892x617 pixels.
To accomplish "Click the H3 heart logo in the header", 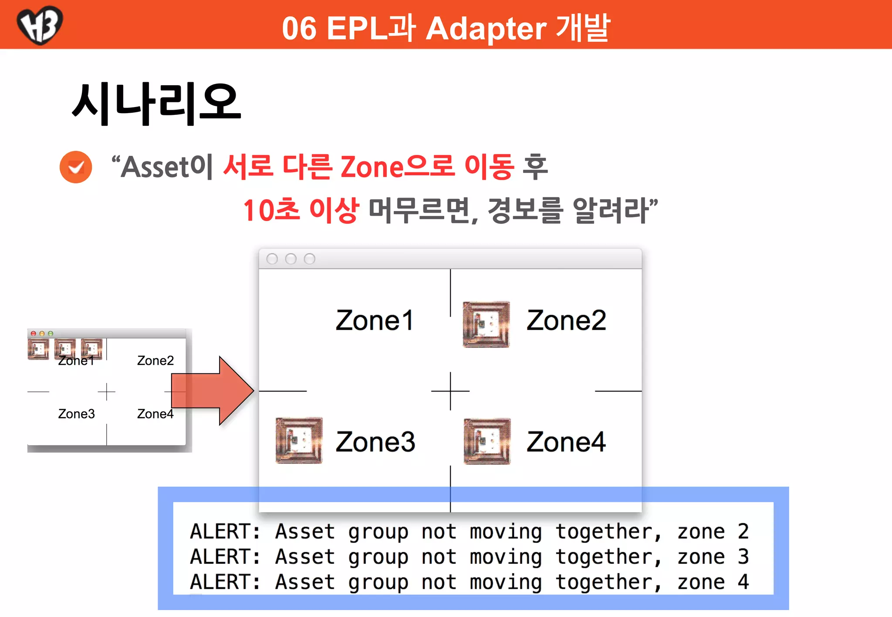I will (40, 24).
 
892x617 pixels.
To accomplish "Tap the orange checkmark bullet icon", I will (76, 167).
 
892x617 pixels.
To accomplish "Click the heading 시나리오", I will (156, 104).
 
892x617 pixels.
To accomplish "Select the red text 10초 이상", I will (301, 210).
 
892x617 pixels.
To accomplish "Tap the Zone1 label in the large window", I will (374, 321).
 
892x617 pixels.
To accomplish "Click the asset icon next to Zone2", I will (486, 324).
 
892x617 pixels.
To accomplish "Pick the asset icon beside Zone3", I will (299, 440).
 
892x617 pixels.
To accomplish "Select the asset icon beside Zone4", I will (487, 441).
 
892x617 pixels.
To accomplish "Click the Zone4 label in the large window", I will (566, 442).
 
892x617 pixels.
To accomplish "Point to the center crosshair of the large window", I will (450, 391).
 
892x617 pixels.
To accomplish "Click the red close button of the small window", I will (33, 334).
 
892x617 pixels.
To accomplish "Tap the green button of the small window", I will (51, 334).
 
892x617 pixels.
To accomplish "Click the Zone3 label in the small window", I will (76, 414).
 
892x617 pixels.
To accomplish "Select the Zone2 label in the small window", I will (155, 361).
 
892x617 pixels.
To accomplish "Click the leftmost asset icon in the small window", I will (38, 349).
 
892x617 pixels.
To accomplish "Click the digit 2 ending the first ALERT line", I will (743, 532).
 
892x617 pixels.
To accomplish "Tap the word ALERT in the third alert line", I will (225, 582).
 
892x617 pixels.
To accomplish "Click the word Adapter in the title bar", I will (486, 29).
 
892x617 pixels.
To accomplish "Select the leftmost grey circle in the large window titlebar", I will (272, 259).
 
